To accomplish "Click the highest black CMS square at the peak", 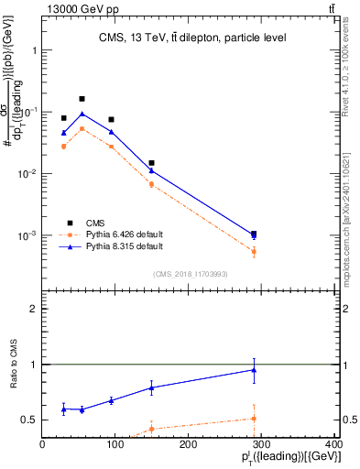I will pyautogui.click(x=82, y=99).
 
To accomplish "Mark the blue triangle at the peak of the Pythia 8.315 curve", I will pyautogui.click(x=82, y=115).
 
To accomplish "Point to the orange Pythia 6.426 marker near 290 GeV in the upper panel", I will pyautogui.click(x=254, y=251).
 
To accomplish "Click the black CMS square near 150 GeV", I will pyautogui.click(x=151, y=163).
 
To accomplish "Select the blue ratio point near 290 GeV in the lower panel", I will pyautogui.click(x=254, y=370).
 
